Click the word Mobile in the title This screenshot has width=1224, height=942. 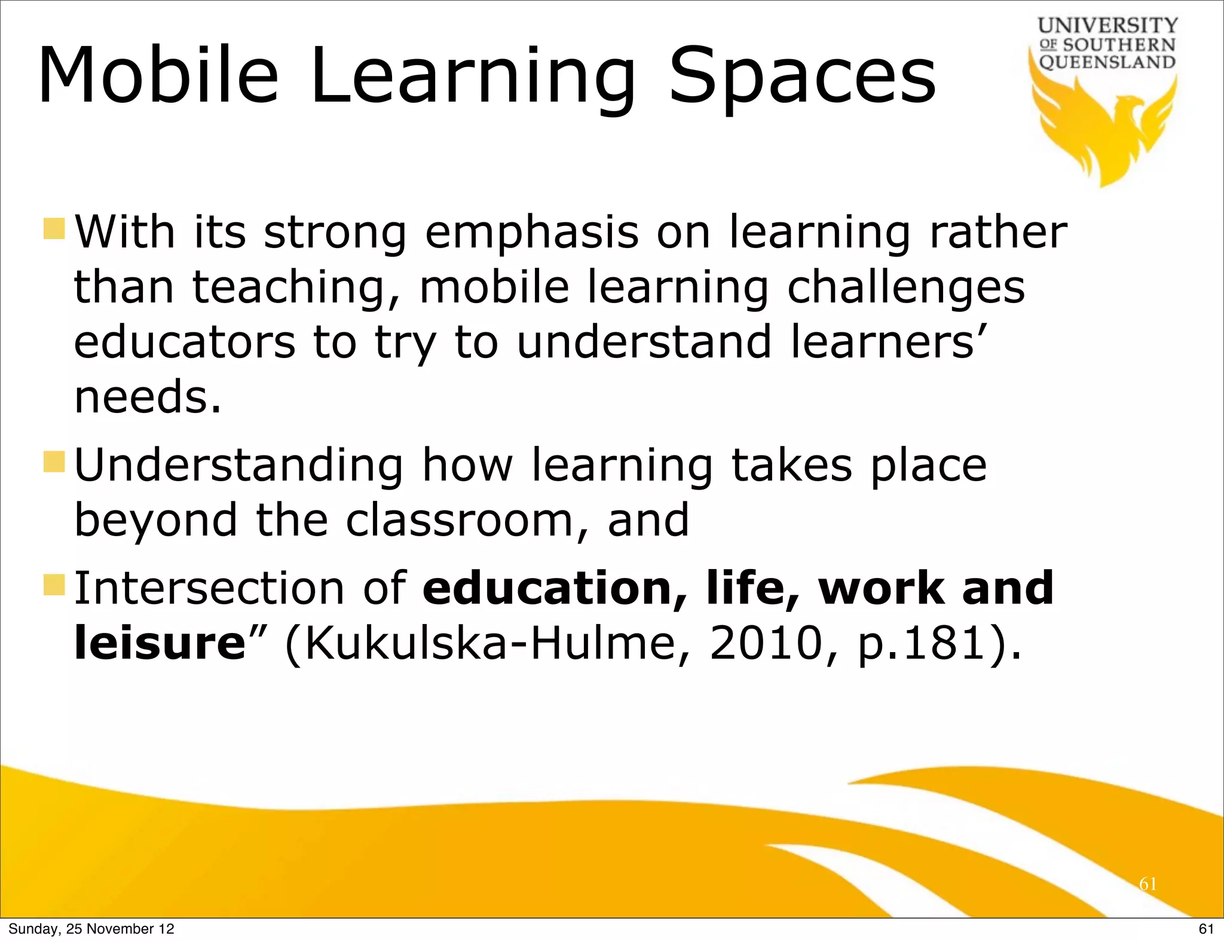tap(158, 77)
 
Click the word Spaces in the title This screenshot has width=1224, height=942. tap(802, 77)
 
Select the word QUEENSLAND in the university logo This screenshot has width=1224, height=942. tap(1107, 62)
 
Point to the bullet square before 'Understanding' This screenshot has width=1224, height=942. tap(54, 462)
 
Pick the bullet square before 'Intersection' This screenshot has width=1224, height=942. tap(54, 586)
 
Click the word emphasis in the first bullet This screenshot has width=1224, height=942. tap(531, 233)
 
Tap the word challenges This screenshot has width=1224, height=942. tap(905, 288)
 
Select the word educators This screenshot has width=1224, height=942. tap(185, 342)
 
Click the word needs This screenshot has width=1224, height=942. tap(148, 397)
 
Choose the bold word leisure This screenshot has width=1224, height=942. tap(160, 644)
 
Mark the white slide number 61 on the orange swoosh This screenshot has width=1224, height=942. tap(1148, 883)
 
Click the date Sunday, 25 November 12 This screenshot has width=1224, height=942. tap(91, 929)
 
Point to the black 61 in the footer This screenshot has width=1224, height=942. tap(1206, 929)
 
